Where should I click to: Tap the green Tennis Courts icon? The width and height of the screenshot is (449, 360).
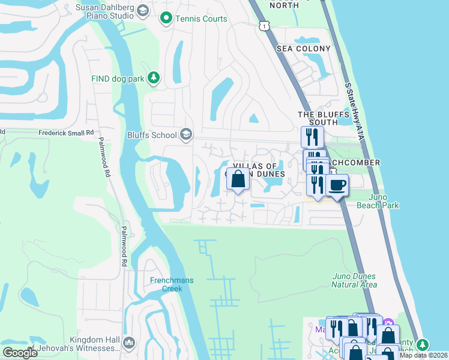point(166,19)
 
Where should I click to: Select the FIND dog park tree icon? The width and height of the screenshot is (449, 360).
point(154,78)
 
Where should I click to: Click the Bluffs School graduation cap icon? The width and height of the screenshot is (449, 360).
point(186,134)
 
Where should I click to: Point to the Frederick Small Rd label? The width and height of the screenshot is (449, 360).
point(65,132)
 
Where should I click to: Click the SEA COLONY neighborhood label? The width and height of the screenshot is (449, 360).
point(303,48)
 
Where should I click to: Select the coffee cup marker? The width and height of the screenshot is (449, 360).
point(337,185)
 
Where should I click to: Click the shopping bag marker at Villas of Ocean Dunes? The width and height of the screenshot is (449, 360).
point(238,179)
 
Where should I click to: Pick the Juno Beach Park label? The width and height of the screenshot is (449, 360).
point(378,201)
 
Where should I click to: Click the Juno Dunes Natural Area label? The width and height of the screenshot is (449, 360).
point(354,280)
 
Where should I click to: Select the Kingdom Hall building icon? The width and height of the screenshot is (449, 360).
point(128,343)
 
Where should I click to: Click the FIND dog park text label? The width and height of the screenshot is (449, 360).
point(118,79)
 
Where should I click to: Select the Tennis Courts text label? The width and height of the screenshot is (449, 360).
point(201,19)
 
